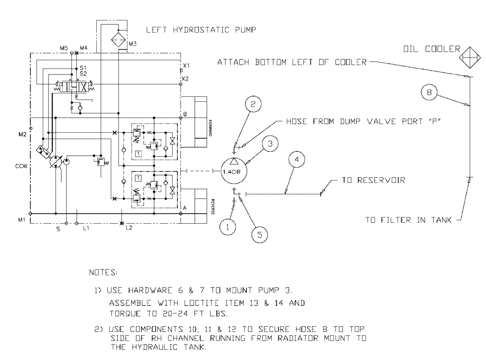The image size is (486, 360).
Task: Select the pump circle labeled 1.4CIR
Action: point(234,171)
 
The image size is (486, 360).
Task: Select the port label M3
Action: point(133,44)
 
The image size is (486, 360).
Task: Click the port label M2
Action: point(21,133)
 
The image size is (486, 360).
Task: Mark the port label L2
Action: point(129,228)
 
